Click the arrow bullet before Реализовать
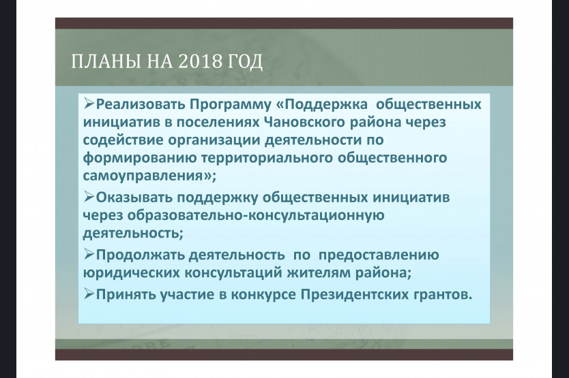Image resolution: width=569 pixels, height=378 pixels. click(89, 104)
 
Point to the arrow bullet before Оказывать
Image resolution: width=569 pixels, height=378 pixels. click(89, 197)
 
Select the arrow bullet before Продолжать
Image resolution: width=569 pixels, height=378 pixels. click(89, 255)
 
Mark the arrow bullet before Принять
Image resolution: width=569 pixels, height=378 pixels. click(89, 294)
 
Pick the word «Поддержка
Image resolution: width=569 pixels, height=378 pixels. click(322, 105)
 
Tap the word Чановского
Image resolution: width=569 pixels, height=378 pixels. click(305, 122)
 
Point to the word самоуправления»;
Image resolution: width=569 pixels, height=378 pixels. click(149, 176)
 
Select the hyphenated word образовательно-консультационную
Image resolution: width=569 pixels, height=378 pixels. click(256, 216)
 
